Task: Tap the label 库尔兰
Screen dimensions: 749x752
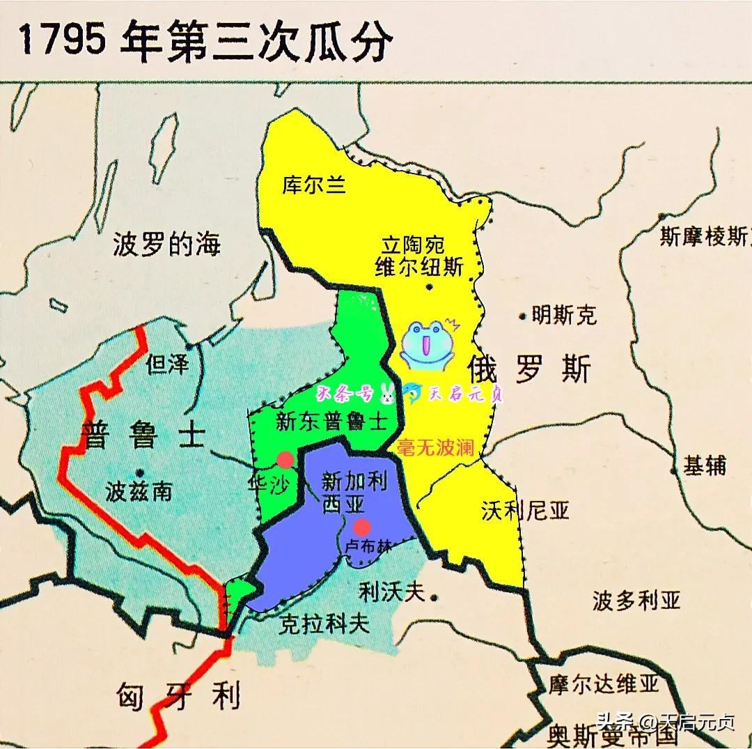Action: [314, 185]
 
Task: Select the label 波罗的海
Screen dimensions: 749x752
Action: [166, 245]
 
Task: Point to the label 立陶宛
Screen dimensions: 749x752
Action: [414, 245]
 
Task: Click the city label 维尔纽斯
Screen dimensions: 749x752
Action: [419, 267]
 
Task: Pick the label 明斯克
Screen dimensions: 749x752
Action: [563, 315]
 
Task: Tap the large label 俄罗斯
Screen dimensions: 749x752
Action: [529, 367]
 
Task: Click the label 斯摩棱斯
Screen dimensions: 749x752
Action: [703, 237]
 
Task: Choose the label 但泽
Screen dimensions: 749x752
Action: [168, 363]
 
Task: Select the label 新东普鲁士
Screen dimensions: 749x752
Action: [331, 422]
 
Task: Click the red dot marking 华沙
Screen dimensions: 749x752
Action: [285, 459]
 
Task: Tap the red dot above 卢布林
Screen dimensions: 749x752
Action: [361, 526]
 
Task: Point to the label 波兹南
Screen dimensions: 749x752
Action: [139, 492]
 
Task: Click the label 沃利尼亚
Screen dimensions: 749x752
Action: [525, 511]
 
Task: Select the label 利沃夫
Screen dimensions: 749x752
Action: [391, 592]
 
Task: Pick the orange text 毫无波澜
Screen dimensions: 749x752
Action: [435, 448]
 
